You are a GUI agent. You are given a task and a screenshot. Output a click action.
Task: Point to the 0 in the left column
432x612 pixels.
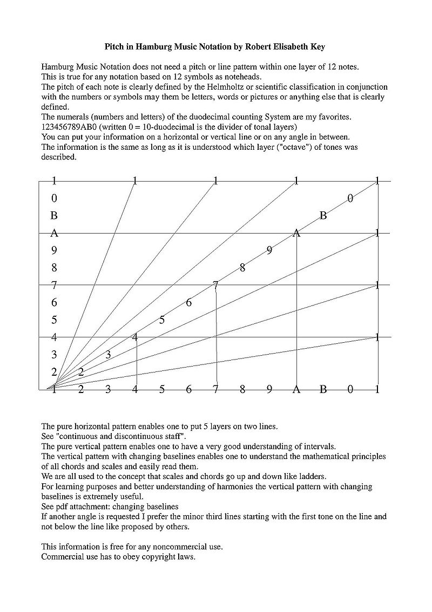pos(54,198)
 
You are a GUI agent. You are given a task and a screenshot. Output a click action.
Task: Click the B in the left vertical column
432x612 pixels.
pos(54,216)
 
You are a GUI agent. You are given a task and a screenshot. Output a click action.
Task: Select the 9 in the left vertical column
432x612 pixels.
pos(54,250)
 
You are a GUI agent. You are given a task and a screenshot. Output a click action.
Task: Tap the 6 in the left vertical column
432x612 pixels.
pos(54,303)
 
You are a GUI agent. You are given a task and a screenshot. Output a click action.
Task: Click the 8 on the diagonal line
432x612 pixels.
pos(242,268)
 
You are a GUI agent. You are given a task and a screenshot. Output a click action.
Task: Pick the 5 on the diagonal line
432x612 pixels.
pos(162,320)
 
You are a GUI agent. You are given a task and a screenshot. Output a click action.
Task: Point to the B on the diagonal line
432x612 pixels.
pos(323,216)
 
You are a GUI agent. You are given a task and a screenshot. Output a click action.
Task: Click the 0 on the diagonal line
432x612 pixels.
pos(350,198)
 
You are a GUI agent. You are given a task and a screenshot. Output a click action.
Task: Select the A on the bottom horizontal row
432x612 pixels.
pos(296,389)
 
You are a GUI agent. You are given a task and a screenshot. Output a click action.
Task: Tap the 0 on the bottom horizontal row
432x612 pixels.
pos(350,389)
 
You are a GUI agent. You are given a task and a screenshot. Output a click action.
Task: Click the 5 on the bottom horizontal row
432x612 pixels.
pos(161,389)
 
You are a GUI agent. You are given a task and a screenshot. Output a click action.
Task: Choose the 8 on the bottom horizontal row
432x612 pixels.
pos(242,389)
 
